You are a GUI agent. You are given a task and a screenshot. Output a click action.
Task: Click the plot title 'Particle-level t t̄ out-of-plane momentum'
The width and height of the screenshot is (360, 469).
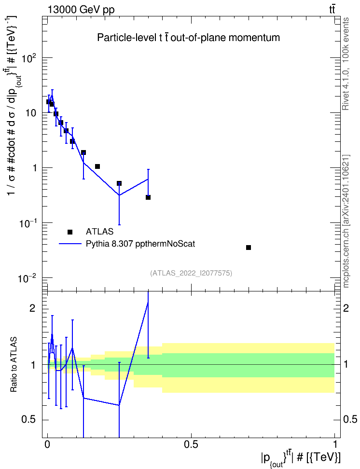click(x=189, y=38)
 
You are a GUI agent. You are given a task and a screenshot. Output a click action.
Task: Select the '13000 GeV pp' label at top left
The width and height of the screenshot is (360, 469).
click(x=81, y=10)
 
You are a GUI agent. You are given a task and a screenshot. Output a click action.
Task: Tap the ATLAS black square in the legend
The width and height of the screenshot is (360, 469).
click(x=70, y=232)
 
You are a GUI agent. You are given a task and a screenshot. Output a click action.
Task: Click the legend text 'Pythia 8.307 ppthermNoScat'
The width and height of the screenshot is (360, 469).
click(x=140, y=244)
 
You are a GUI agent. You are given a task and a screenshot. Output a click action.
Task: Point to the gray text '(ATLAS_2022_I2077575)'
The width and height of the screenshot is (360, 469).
click(x=191, y=273)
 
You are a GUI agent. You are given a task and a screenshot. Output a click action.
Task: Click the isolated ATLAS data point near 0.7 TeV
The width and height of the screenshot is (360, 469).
click(x=249, y=248)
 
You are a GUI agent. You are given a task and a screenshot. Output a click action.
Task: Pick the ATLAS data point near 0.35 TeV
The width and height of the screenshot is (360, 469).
click(x=148, y=197)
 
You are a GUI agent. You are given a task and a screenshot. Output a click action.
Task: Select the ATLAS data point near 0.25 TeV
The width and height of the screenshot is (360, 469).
click(x=119, y=183)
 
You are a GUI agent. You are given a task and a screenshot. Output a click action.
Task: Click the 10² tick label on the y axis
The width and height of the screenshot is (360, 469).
click(x=27, y=58)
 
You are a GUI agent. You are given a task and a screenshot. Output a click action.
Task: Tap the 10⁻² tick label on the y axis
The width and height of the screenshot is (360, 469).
click(x=27, y=278)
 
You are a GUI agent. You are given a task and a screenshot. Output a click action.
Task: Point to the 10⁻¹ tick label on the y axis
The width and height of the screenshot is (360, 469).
click(x=27, y=223)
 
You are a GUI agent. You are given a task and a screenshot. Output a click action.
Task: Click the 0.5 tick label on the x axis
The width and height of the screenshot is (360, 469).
click(x=191, y=444)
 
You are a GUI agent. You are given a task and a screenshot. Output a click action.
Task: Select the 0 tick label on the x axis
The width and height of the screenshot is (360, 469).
click(x=47, y=444)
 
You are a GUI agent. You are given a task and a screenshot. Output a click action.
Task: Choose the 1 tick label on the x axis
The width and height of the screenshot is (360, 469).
click(x=335, y=444)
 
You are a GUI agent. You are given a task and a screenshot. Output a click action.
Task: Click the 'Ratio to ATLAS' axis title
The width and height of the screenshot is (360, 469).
click(x=14, y=365)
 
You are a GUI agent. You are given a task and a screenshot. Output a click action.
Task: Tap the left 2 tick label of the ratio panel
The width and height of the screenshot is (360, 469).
click(x=32, y=308)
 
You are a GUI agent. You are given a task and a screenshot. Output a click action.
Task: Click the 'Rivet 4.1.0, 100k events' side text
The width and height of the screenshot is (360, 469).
click(x=346, y=64)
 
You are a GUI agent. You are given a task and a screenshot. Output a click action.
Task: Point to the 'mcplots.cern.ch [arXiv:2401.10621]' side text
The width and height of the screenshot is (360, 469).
click(x=346, y=221)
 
